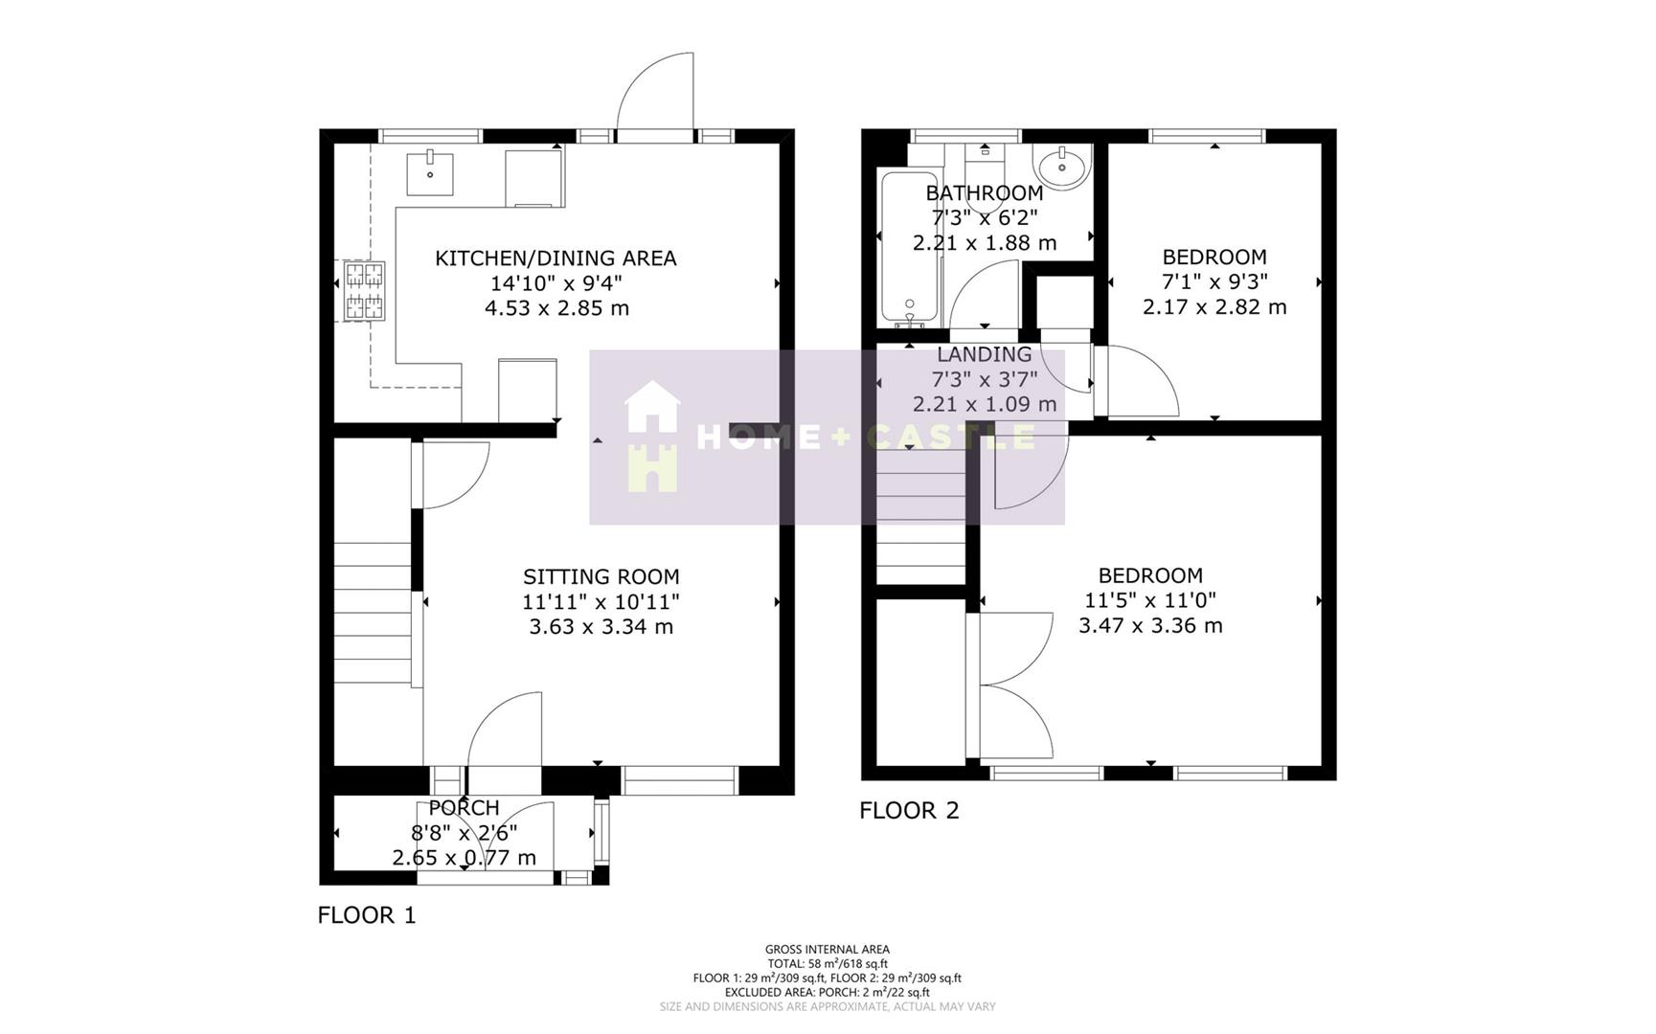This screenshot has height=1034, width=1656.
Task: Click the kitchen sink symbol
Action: click(430, 173)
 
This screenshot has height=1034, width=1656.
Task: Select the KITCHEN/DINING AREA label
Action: click(556, 258)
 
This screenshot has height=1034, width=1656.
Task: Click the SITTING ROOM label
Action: click(601, 576)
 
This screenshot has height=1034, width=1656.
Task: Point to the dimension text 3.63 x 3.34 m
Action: click(601, 627)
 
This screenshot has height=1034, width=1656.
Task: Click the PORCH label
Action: click(464, 808)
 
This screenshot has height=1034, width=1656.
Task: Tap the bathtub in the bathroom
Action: click(910, 249)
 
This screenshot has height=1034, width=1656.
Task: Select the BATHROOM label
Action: click(984, 193)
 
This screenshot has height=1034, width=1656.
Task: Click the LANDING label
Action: click(984, 354)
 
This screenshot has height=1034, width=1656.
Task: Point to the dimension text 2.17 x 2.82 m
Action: click(1214, 307)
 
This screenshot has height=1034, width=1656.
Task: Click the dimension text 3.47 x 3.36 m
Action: click(1150, 626)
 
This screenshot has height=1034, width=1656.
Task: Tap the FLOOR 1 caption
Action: click(367, 915)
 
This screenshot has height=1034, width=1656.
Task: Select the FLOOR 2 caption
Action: click(909, 811)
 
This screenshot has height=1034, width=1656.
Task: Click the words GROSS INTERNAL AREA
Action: click(828, 950)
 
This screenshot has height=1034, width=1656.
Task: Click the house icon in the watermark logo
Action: click(652, 437)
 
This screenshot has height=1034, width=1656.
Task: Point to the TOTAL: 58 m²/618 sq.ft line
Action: click(828, 964)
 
